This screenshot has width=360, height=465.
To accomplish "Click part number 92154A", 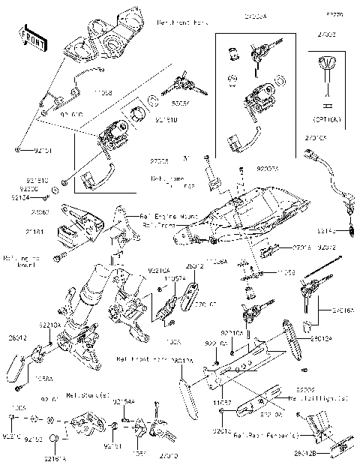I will coord(124,403).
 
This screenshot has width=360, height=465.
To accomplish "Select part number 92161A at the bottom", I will coord(55,457).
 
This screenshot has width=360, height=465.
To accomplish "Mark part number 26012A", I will coord(182,361).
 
